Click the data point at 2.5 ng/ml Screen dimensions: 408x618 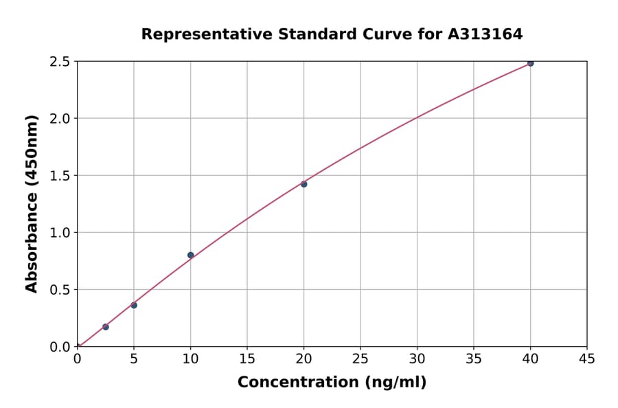tap(105, 327)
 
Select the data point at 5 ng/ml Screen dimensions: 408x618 tap(134, 305)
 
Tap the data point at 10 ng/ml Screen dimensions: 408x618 tap(190, 255)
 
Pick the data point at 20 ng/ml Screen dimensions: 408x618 tap(304, 184)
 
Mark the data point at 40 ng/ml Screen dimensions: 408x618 tap(530, 63)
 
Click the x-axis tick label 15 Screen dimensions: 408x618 tap(247, 359)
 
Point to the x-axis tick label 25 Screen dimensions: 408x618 tap(360, 359)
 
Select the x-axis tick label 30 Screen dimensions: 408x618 tap(417, 359)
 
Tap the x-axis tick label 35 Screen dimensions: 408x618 tap(474, 359)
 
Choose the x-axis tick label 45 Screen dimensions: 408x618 tap(587, 359)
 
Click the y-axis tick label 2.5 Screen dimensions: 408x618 tap(60, 62)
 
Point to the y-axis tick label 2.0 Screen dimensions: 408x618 tap(60, 119)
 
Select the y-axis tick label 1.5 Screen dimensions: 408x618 tap(60, 176)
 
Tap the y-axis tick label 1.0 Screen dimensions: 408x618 tap(60, 233)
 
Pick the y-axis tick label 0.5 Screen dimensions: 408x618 tap(60, 290)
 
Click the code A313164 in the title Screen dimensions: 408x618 tap(485, 34)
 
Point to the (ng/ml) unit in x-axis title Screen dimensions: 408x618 tap(395, 383)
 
